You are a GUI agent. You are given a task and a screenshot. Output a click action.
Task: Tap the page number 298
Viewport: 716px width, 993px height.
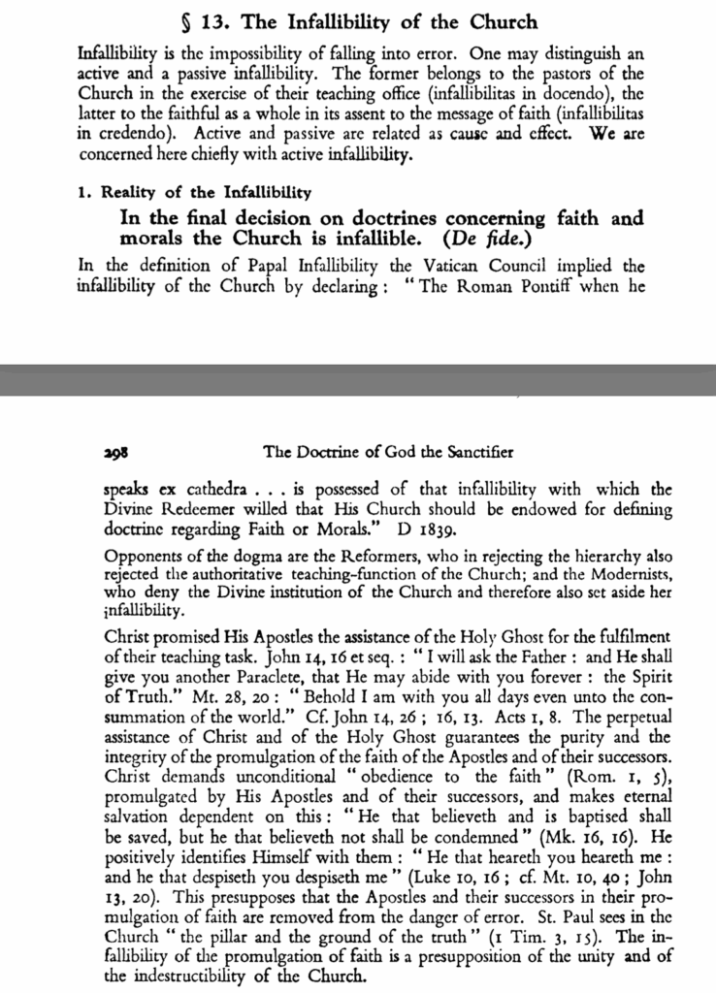click(116, 451)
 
